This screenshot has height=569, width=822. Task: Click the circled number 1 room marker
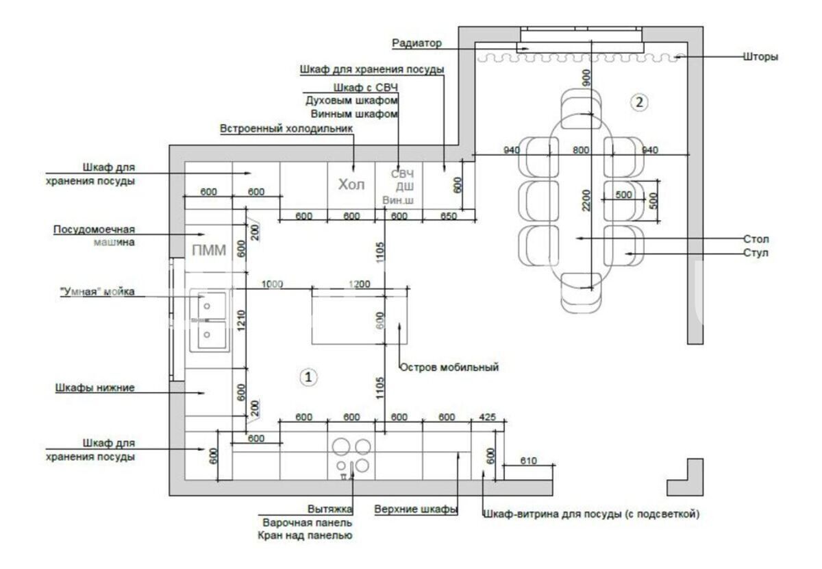[308, 377]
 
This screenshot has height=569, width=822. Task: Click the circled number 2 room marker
[639, 102]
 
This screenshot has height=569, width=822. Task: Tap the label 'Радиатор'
[417, 43]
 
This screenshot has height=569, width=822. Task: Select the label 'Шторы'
[760, 57]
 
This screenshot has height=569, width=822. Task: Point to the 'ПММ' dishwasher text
[209, 250]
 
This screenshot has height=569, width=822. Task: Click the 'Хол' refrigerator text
[351, 184]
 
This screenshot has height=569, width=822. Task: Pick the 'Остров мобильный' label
[449, 367]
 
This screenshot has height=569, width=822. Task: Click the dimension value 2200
[586, 200]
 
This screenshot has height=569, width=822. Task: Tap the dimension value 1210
[240, 320]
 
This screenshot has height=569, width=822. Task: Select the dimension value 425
[487, 417]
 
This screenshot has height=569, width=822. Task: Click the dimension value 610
[528, 460]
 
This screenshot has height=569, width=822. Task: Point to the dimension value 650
[449, 216]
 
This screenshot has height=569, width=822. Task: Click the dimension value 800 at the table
[582, 150]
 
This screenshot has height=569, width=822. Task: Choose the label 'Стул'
[756, 253]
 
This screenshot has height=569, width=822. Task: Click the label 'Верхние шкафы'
[416, 509]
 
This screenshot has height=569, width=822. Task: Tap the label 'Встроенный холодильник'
[286, 129]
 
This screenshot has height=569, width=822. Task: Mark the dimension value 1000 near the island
[273, 284]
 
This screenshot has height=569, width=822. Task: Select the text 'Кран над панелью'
[305, 535]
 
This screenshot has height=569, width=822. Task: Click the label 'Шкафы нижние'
[95, 387]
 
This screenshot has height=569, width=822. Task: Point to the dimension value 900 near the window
[586, 78]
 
